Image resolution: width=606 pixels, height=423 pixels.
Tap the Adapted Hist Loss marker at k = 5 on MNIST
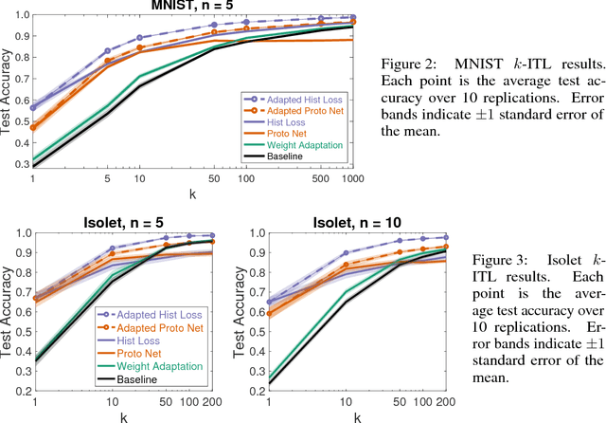point(107,50)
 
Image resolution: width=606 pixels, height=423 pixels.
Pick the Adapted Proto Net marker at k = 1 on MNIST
point(34,125)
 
